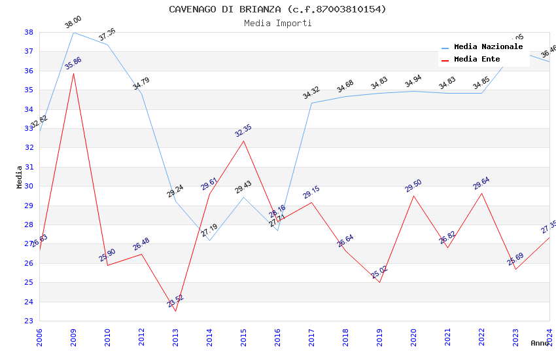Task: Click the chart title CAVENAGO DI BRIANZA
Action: [x=277, y=9]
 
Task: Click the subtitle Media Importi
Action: [x=277, y=23]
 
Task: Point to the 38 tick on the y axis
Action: [x=29, y=32]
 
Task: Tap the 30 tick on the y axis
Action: [x=29, y=186]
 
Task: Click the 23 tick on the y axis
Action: [x=29, y=321]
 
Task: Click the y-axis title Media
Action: [x=19, y=177]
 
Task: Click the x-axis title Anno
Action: [x=540, y=343]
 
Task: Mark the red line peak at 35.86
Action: [x=73, y=73]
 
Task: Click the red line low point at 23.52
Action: [x=175, y=311]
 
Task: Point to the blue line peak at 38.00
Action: [x=73, y=32]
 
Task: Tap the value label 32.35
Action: [x=243, y=130]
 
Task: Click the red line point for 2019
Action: [x=379, y=282]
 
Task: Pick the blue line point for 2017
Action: [x=311, y=103]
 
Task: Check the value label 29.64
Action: [x=481, y=183]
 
